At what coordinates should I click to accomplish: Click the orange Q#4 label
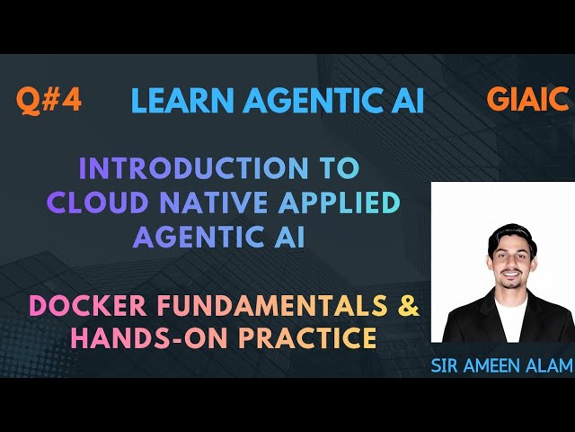(49, 100)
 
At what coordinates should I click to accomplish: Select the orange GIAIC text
(527, 99)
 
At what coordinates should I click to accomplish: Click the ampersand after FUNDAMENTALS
(408, 306)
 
